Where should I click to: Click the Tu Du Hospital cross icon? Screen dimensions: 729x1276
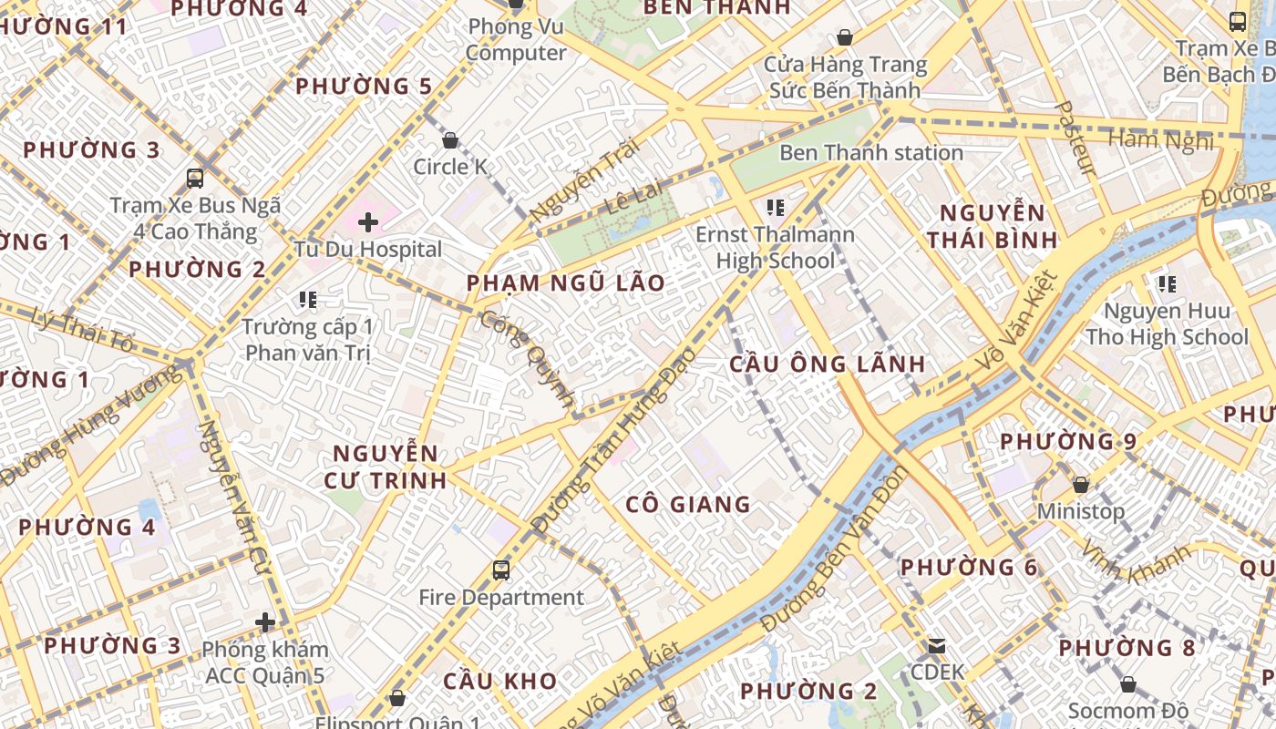coord(368,222)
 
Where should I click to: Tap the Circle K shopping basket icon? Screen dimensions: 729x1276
coord(449,140)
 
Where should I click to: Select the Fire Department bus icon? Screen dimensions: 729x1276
coord(501,570)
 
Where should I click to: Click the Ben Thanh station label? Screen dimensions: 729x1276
coord(870,152)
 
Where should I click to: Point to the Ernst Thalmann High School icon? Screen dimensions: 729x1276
coord(776,208)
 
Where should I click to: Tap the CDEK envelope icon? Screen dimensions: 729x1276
coord(936,645)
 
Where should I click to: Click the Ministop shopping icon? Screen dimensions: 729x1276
coord(1081,485)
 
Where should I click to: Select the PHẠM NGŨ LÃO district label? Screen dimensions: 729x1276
coord(566,282)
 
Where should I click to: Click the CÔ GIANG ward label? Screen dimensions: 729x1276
coord(688,504)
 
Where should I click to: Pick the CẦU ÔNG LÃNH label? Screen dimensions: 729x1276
coord(828,364)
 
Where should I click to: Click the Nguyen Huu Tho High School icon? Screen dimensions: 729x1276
coord(1168,284)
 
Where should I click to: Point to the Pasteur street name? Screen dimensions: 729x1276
coord(1075,138)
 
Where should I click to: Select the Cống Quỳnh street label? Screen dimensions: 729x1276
coord(529,358)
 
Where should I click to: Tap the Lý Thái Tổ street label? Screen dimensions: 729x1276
coord(82,330)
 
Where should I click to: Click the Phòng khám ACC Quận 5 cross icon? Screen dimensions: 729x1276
coord(265,622)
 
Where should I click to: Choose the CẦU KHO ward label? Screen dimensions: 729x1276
coord(499,681)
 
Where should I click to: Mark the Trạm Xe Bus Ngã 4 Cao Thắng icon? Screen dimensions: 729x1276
coord(195,179)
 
